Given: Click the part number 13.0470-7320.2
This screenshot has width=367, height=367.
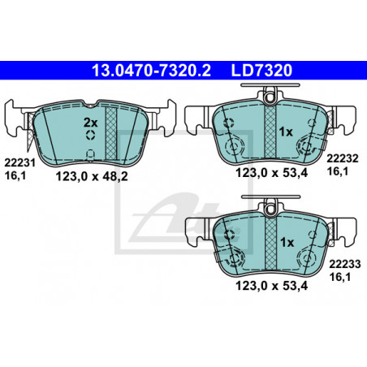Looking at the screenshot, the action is pos(151,71).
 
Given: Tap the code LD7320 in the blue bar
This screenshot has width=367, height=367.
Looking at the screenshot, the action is pos(261,71).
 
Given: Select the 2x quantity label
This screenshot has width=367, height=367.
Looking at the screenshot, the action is pos(90,123).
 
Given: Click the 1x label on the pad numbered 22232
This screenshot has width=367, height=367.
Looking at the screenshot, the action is pos(286,132).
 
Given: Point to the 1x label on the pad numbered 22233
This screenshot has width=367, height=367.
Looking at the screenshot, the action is pos(287,243).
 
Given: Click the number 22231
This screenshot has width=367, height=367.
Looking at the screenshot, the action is pos(19,163).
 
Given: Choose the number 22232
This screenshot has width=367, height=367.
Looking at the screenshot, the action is pos(343,158).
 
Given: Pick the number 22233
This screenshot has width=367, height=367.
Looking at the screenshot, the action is pos(345,264).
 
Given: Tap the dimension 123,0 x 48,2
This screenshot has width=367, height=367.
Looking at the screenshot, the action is pos(92,177).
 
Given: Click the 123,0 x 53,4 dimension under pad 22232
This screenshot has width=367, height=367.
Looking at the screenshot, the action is pos(272,173).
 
